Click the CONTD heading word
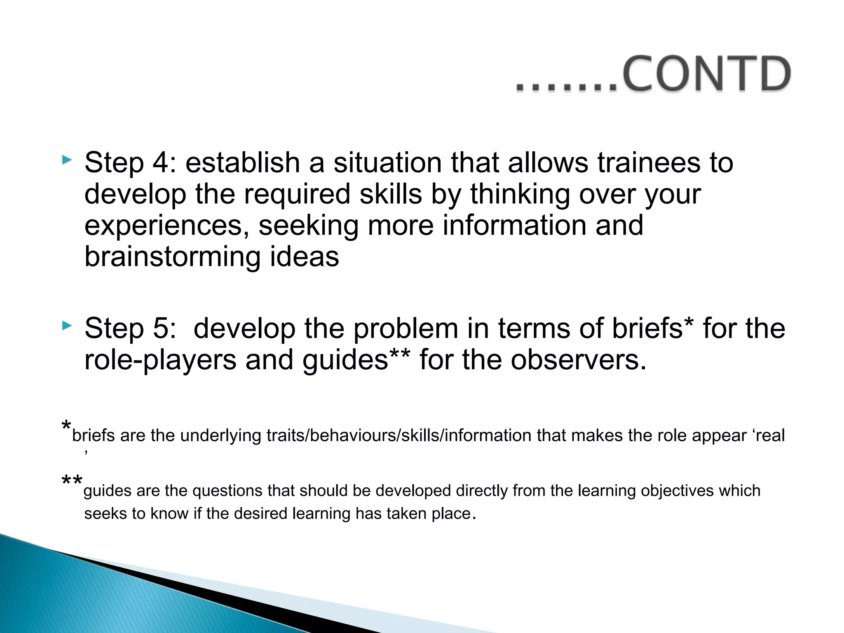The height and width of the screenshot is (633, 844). tap(706, 74)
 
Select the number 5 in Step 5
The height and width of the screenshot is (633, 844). tap(161, 328)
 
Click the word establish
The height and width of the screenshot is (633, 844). tap(242, 162)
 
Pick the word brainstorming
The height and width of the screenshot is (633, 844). tap(172, 257)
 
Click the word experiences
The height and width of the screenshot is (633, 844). tap(166, 226)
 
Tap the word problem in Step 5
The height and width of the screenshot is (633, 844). tap(406, 328)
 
